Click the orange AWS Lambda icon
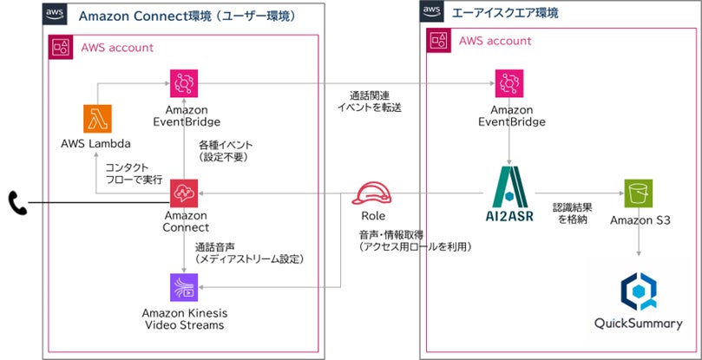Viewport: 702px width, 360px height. click(x=98, y=119)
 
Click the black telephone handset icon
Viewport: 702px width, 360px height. click(x=17, y=204)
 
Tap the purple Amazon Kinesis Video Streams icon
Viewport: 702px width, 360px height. click(x=184, y=288)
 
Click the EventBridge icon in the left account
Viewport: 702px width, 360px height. click(x=185, y=84)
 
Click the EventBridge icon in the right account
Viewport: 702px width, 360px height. click(x=511, y=84)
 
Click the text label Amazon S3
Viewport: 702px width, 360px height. click(x=638, y=221)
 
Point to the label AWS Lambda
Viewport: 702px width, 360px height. click(x=96, y=142)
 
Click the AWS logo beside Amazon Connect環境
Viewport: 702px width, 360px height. click(x=54, y=14)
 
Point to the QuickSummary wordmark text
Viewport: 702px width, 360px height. click(x=638, y=324)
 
